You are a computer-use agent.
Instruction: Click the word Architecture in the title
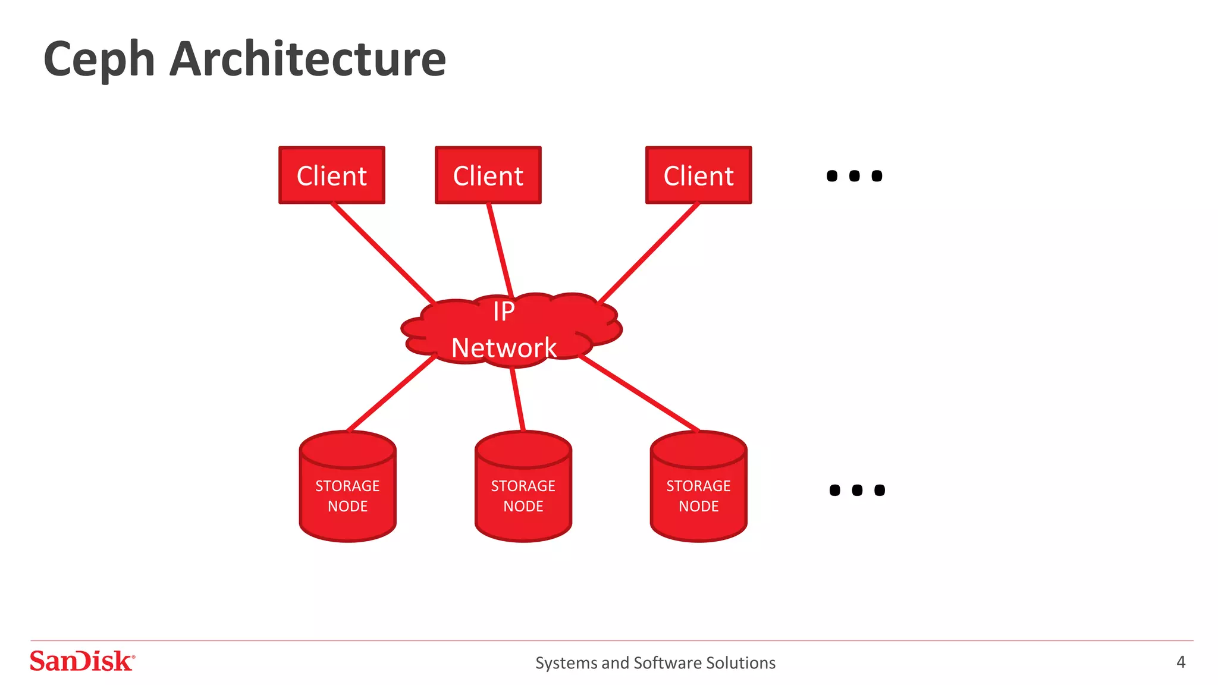click(307, 59)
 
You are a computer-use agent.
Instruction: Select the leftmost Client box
click(332, 175)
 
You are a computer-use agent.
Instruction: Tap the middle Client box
click(488, 175)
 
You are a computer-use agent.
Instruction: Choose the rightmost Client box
click(698, 175)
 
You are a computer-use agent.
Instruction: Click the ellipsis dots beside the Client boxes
click(854, 176)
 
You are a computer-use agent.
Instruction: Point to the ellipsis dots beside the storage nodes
click(857, 490)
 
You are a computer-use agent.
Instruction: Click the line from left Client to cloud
click(383, 253)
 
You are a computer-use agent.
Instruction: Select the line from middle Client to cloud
click(500, 250)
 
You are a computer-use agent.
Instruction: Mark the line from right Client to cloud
click(648, 253)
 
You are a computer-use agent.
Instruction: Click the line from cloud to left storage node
click(391, 394)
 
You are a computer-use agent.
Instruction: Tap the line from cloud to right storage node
click(639, 394)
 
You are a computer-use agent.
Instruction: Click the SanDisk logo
click(82, 661)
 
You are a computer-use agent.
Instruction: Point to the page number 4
click(1181, 662)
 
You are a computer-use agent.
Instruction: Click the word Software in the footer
click(667, 662)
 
